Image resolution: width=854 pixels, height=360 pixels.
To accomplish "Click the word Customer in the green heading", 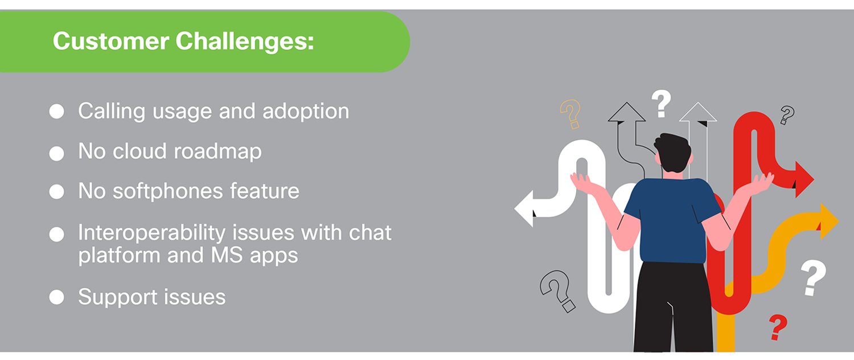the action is tap(110, 41).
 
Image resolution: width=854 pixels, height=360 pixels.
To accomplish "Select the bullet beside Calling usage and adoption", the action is tap(56, 111).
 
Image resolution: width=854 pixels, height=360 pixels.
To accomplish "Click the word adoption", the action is tap(306, 112).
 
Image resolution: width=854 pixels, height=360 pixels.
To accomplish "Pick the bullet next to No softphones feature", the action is tap(56, 191).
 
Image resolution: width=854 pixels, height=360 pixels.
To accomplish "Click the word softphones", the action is tap(168, 191).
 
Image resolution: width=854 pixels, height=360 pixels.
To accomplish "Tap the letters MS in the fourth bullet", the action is tap(227, 255).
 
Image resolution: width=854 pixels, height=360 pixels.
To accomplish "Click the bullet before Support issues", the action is tap(56, 297).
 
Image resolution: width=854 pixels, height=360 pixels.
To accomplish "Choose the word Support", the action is tap(119, 297).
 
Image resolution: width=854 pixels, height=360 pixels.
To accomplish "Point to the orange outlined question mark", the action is tap(570, 113).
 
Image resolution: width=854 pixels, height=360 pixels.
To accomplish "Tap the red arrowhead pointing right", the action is tap(804, 179).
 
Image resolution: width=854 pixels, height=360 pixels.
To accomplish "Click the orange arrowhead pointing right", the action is tap(829, 221).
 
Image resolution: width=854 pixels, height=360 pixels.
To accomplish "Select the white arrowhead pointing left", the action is tap(524, 208).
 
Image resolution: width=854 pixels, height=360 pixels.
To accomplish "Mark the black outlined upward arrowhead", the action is tap(626, 112).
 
